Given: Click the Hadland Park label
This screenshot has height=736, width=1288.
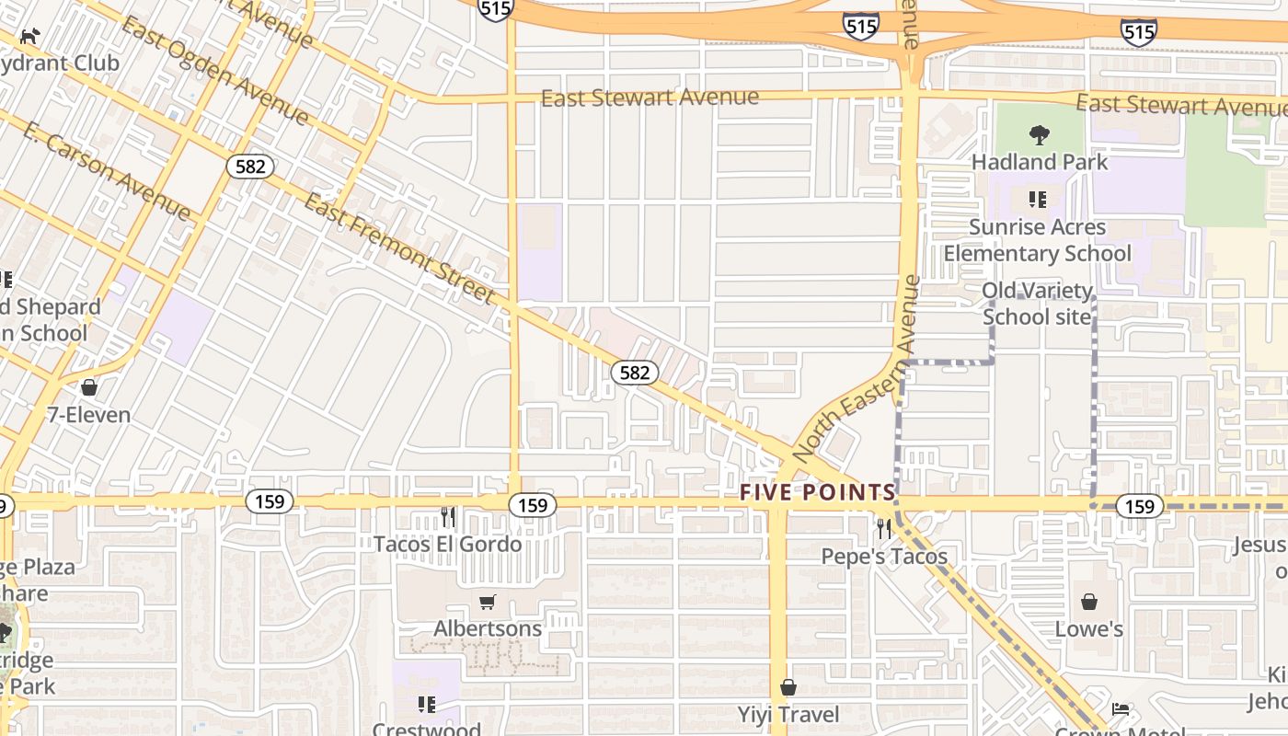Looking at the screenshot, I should tap(1040, 162).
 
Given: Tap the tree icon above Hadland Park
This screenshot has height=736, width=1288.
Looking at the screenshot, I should tap(1040, 136).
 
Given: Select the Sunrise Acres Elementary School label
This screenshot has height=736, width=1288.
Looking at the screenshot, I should tap(1038, 240).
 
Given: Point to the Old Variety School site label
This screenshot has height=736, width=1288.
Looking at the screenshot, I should tap(1037, 304).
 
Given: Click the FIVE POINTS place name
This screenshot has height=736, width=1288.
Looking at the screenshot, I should tap(818, 492).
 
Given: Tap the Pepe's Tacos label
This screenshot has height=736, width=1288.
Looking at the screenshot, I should tap(883, 557).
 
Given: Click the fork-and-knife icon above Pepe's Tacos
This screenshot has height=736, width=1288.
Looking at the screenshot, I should tap(883, 528).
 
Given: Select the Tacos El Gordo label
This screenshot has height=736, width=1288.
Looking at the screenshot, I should tap(447, 544).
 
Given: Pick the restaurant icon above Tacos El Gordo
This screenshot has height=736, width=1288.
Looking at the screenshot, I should tap(447, 516).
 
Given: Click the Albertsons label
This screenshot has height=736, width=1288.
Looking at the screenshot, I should tap(488, 629).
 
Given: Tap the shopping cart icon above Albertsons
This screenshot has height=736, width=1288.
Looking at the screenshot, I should tap(488, 603).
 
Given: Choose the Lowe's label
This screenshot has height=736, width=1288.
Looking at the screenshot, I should tap(1089, 629).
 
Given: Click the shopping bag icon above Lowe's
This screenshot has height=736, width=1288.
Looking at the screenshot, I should tap(1089, 602).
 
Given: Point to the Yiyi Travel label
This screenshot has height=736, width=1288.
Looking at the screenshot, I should tap(788, 715).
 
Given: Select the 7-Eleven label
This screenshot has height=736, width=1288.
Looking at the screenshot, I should tap(89, 415).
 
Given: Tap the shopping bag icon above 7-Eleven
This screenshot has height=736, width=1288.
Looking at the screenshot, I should tap(89, 387).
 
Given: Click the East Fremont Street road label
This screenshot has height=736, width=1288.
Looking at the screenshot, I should tap(399, 248).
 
